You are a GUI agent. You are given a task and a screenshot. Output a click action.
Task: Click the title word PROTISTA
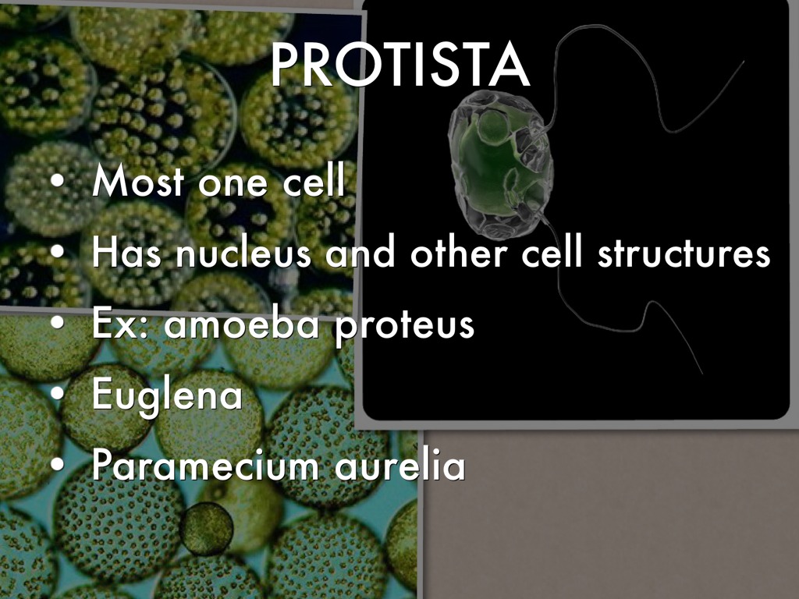pyautogui.click(x=400, y=64)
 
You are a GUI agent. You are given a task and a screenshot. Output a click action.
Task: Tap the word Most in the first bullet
pyautogui.click(x=138, y=180)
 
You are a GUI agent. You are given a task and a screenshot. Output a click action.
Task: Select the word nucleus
pyautogui.click(x=243, y=253)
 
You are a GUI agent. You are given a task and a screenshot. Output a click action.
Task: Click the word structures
pyautogui.click(x=684, y=253)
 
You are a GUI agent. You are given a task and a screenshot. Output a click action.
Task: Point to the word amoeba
pyautogui.click(x=242, y=324)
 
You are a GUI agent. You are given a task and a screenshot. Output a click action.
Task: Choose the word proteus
pyautogui.click(x=405, y=326)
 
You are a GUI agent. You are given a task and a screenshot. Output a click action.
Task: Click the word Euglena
pyautogui.click(x=167, y=395)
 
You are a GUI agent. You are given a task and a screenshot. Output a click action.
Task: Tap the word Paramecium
pyautogui.click(x=205, y=465)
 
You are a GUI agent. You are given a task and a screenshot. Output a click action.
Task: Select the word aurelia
pyautogui.click(x=400, y=465)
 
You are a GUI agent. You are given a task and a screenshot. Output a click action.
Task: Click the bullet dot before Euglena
pyautogui.click(x=58, y=393)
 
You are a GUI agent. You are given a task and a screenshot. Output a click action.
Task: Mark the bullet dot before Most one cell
pyautogui.click(x=58, y=180)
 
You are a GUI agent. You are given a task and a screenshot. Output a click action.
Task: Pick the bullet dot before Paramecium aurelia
pyautogui.click(x=58, y=464)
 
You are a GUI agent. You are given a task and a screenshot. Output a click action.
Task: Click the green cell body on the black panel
pyautogui.click(x=499, y=164)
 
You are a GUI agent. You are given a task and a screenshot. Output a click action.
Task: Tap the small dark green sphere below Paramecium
pyautogui.click(x=206, y=528)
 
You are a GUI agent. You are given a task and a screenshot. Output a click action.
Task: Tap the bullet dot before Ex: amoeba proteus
pyautogui.click(x=58, y=322)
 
